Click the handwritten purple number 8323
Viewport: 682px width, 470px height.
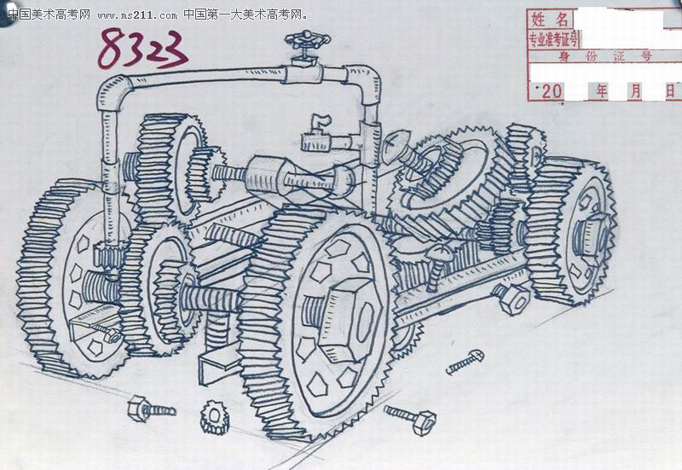142,49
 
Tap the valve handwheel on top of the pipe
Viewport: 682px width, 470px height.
308,40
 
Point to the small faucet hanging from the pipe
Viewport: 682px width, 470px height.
317,134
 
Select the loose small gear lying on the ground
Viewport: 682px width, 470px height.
215,417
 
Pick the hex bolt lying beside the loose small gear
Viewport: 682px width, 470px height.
151,409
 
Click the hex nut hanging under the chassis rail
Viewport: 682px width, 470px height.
513,297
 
